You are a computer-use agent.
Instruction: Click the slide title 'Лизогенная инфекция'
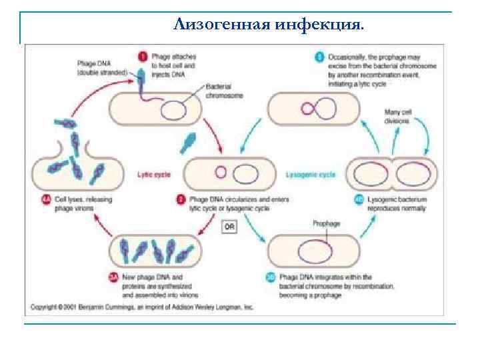(x=269, y=25)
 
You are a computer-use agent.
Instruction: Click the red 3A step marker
(x=112, y=277)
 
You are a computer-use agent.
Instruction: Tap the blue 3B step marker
(x=271, y=277)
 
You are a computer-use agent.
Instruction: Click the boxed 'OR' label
(x=229, y=227)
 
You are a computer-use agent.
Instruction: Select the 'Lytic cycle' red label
(x=153, y=175)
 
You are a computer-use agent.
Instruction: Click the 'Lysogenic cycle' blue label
(x=310, y=175)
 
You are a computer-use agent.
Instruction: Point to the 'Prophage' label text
(x=326, y=224)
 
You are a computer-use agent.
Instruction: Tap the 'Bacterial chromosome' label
(x=224, y=91)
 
